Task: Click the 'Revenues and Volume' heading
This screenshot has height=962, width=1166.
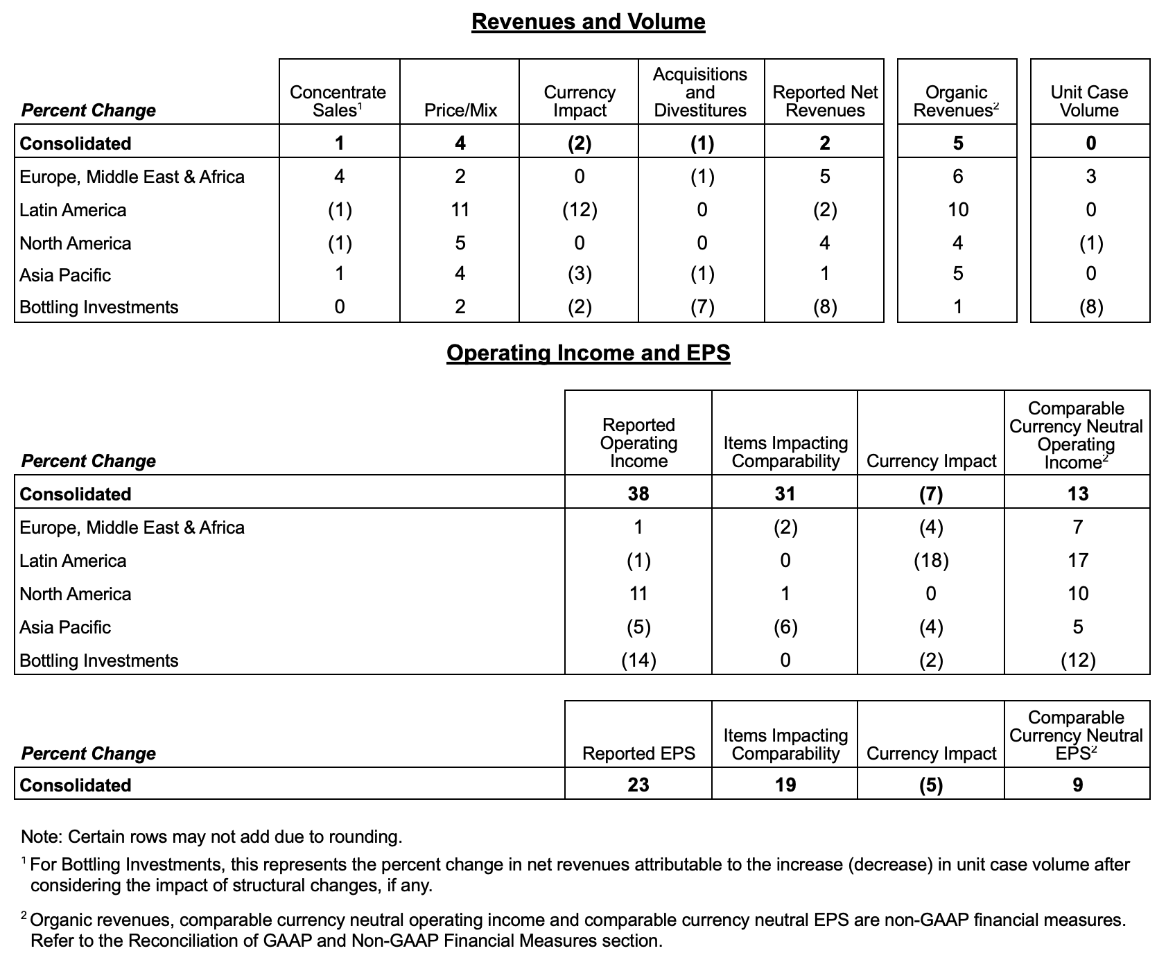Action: point(588,21)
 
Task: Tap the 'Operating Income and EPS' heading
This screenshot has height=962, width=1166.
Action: point(588,353)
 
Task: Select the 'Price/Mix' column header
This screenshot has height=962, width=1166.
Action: point(460,110)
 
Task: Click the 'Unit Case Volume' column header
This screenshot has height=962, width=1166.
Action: point(1089,101)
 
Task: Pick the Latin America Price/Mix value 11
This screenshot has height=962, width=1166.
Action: point(460,210)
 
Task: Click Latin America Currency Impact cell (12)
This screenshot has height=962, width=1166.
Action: point(580,210)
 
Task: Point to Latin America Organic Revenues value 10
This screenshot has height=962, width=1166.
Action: point(957,210)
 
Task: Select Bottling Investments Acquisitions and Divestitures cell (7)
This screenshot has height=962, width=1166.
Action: point(702,307)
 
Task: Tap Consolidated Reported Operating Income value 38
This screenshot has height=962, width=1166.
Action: point(638,493)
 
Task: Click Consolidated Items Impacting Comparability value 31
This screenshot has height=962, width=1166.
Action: point(785,493)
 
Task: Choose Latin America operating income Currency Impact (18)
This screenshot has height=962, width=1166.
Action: point(930,561)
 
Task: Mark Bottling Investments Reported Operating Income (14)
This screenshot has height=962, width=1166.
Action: point(638,661)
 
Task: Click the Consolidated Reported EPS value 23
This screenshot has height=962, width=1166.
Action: point(638,785)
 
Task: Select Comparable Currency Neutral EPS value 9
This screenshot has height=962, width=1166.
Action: point(1077,785)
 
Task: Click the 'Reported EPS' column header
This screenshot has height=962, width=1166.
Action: point(638,753)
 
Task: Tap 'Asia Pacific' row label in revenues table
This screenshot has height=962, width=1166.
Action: point(65,275)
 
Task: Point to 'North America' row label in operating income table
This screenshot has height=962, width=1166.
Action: point(75,594)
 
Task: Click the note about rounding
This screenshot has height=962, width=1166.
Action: point(211,837)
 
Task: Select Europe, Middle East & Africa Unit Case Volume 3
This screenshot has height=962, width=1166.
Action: point(1090,177)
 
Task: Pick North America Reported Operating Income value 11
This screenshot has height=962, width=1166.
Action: point(638,594)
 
